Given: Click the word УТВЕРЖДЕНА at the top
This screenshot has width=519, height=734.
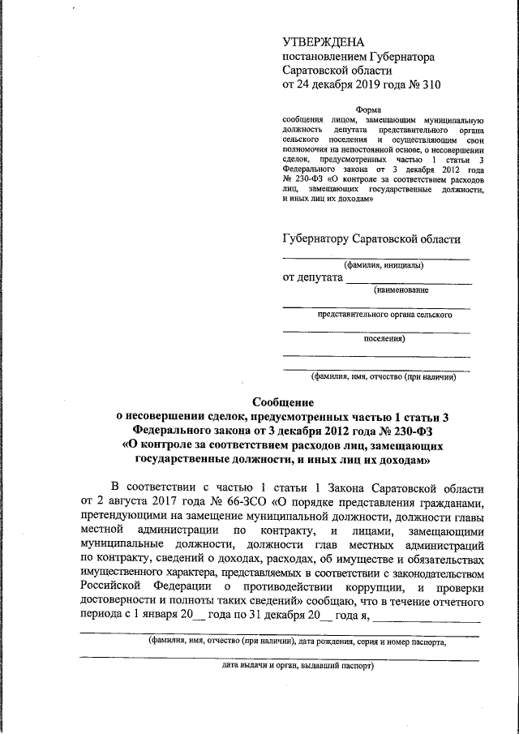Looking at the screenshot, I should click(x=323, y=42).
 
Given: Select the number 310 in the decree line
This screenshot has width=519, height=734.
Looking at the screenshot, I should click(x=429, y=84).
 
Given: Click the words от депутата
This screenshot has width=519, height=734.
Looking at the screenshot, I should click(x=311, y=278).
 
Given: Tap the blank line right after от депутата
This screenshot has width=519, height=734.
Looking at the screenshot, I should click(x=409, y=280).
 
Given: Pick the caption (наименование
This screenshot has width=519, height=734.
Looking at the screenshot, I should click(x=401, y=290).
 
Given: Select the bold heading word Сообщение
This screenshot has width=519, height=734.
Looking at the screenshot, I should click(x=282, y=401).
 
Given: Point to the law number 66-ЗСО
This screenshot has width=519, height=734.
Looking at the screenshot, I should click(x=247, y=502).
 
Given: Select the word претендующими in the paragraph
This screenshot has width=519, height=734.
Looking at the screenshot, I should click(x=123, y=516).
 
